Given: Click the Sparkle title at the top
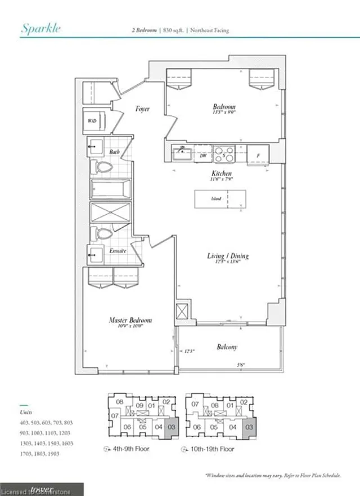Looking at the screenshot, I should tap(40, 29).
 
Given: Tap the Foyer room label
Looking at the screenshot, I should tap(142, 109).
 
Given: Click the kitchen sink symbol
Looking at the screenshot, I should tap(182, 152).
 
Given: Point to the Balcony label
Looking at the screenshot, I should tap(226, 347).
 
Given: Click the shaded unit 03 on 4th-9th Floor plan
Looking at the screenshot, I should tap(172, 427).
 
